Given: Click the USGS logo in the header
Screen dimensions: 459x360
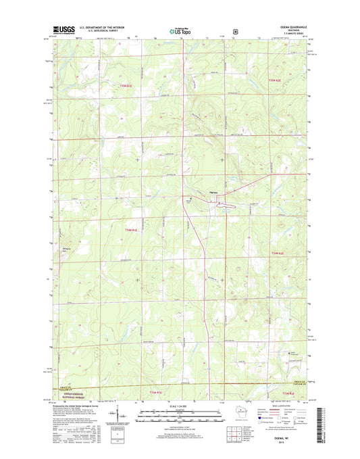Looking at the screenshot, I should click(63, 30).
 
